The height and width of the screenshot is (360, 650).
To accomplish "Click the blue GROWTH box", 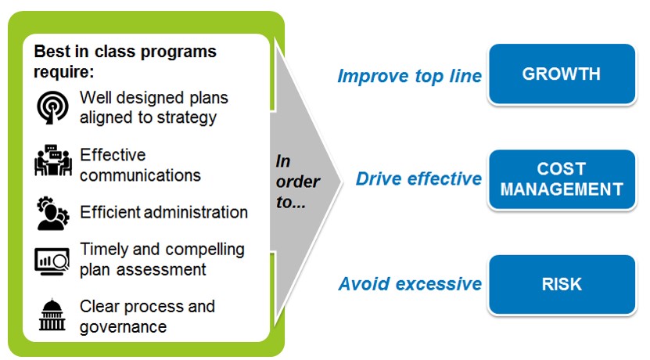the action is [562, 74].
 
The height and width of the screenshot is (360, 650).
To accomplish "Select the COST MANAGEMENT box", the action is [562, 179].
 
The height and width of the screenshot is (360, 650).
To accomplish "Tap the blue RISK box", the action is [562, 285].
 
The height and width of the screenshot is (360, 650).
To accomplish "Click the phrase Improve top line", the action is [409, 77].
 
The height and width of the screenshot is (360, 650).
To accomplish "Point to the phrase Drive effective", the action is [418, 178].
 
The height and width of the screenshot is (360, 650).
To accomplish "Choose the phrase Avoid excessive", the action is [410, 284].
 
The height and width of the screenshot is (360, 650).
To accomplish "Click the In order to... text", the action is [296, 182].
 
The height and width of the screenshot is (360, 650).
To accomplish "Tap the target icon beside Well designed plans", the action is [52, 107].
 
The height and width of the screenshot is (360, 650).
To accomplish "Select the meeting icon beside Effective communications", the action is [52, 160].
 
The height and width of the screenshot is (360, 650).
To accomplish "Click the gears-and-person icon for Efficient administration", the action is [52, 213].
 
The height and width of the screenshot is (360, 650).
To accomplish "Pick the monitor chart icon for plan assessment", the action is [52, 261].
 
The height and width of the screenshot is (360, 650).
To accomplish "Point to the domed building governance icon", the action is [52, 315].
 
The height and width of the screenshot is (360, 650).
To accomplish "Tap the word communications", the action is [140, 175].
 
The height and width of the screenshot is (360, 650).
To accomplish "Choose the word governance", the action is [123, 327].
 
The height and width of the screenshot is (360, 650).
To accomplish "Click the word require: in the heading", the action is [64, 72].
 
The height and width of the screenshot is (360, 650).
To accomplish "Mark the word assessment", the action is [161, 270].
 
